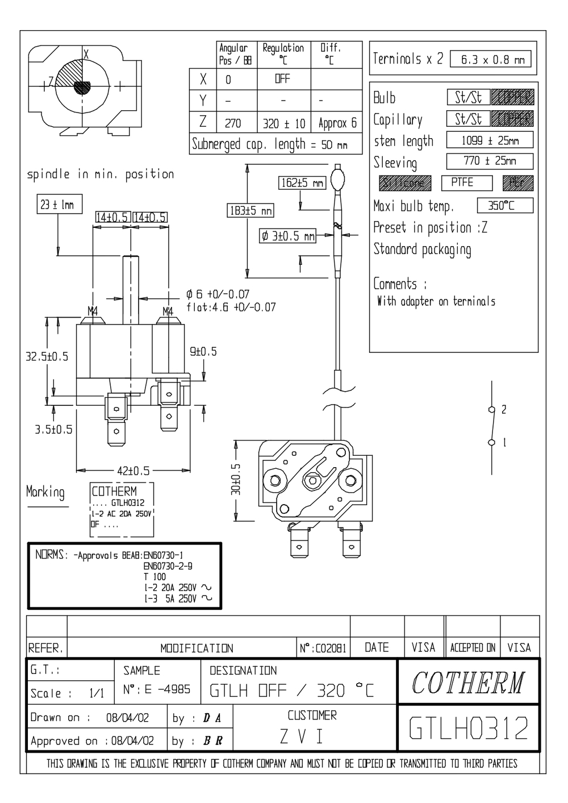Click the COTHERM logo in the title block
point(467,682)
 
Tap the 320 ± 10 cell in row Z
point(284,123)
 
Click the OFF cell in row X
point(282,79)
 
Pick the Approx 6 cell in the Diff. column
point(337,123)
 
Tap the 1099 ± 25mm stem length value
point(490,140)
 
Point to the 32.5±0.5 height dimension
point(47,357)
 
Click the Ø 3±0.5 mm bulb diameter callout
point(287,236)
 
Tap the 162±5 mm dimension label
point(302,183)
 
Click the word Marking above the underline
point(45,492)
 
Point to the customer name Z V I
point(302,737)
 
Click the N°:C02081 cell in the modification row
point(322,648)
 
